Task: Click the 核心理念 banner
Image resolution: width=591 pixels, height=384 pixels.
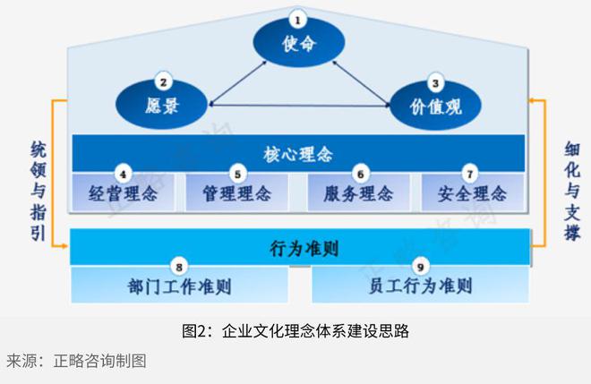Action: tap(298, 153)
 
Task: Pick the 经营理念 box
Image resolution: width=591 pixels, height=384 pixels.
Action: tap(123, 192)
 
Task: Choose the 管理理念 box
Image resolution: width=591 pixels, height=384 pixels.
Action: tap(236, 192)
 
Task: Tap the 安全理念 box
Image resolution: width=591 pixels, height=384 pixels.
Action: tap(472, 192)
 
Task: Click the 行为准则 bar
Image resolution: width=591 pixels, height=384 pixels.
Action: tap(298, 246)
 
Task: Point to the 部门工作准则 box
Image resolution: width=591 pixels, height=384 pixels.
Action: tap(179, 286)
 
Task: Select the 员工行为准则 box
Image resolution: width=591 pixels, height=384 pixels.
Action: tap(420, 286)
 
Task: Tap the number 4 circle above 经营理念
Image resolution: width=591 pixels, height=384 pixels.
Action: tap(124, 173)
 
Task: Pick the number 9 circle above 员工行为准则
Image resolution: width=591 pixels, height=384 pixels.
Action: tap(421, 266)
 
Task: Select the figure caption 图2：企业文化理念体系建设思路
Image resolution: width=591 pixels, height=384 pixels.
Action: tap(295, 330)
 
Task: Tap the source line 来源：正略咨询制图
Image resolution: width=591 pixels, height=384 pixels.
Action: tap(76, 361)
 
